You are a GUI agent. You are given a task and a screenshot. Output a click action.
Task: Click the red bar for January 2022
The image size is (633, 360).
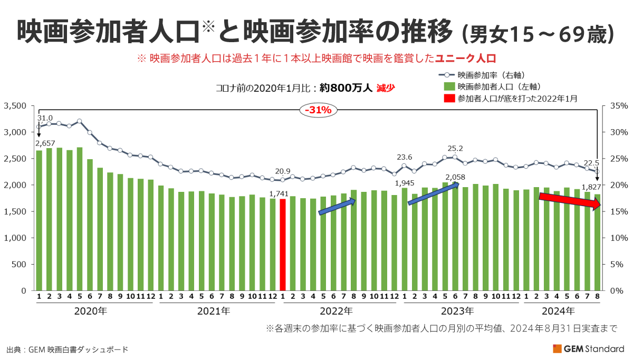(282, 245)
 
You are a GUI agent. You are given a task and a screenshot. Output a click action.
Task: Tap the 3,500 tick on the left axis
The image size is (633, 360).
(15, 106)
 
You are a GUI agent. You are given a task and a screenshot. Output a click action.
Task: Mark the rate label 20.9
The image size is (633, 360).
(283, 172)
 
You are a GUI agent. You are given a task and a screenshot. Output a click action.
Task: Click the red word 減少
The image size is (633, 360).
(386, 88)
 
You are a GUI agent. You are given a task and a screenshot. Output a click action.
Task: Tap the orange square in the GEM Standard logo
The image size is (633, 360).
(557, 348)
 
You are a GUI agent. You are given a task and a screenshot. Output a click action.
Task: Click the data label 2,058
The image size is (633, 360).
(455, 177)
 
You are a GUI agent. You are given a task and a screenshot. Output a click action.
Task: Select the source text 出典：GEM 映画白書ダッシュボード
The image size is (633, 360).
(67, 349)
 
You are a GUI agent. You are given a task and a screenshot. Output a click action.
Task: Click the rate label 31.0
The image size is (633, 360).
(45, 118)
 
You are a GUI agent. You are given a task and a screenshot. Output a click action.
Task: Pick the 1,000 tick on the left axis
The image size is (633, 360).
(15, 238)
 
